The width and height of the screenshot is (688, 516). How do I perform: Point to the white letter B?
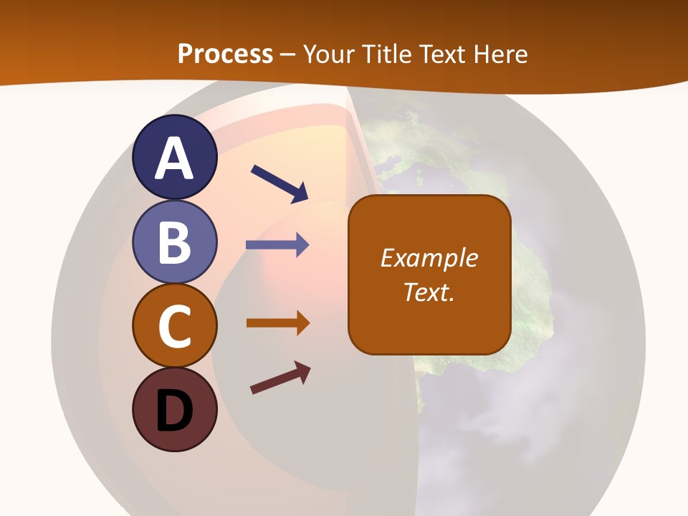pyautogui.click(x=175, y=242)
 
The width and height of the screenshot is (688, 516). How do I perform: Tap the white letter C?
pyautogui.click(x=175, y=326)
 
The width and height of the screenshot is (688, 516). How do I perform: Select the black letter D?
pyautogui.click(x=175, y=411)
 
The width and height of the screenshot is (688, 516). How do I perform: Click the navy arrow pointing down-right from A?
pyautogui.click(x=279, y=183)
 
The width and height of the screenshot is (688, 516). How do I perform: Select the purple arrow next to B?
pyautogui.click(x=277, y=245)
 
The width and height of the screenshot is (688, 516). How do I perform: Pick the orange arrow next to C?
pyautogui.click(x=277, y=322)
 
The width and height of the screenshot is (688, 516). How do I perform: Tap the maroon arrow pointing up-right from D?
pyautogui.click(x=280, y=378)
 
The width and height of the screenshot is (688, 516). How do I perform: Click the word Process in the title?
pyautogui.click(x=225, y=54)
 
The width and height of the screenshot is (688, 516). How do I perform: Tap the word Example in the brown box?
pyautogui.click(x=429, y=258)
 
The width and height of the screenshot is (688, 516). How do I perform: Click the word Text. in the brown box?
pyautogui.click(x=429, y=292)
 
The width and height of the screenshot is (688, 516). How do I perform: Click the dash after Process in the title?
pyautogui.click(x=288, y=54)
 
